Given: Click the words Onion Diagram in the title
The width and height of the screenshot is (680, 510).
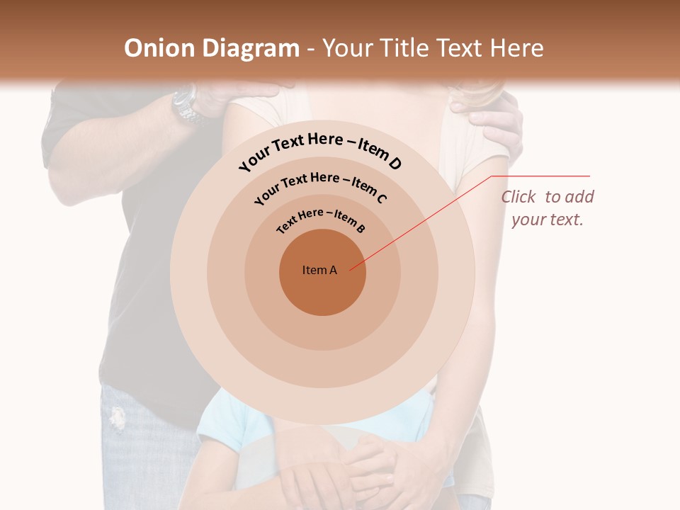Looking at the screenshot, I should pyautogui.click(x=212, y=48).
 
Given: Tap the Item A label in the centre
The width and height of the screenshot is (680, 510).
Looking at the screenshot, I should pyautogui.click(x=319, y=270).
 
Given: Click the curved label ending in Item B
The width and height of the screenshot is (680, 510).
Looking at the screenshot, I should pyautogui.click(x=321, y=220).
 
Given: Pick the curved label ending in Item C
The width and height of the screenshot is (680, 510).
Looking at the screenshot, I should pyautogui.click(x=320, y=186).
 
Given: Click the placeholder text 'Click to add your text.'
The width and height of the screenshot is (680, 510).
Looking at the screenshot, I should pyautogui.click(x=548, y=208).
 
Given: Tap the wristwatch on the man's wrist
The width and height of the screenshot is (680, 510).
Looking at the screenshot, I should pyautogui.click(x=187, y=105).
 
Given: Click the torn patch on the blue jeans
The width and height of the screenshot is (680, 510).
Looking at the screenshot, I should pyautogui.click(x=118, y=418).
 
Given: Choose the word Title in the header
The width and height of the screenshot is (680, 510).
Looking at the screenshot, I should pyautogui.click(x=404, y=48).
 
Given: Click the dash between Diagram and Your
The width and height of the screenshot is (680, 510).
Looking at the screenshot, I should pyautogui.click(x=311, y=49).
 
